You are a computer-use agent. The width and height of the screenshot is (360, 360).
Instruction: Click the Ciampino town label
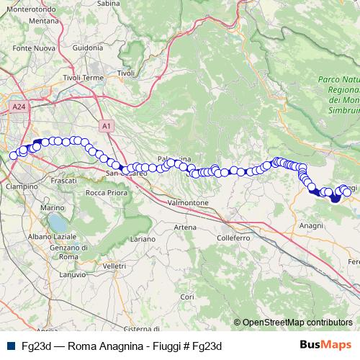point(22,186)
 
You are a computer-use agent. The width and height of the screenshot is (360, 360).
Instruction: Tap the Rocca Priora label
point(106,192)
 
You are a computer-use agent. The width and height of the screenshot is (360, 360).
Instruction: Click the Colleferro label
point(232,237)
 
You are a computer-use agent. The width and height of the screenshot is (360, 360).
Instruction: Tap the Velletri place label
point(114,266)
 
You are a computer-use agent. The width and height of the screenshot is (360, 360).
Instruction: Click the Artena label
point(185,227)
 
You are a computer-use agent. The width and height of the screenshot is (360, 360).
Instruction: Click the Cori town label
point(187,296)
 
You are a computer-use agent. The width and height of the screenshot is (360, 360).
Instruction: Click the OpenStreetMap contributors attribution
point(297,322)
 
